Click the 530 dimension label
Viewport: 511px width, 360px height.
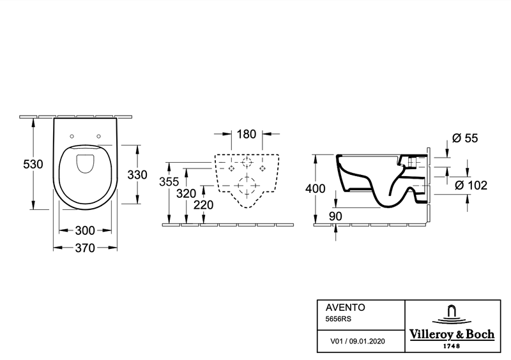tap(33, 164)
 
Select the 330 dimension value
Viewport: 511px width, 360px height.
tap(137, 175)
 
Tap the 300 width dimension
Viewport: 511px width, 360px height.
tap(85, 230)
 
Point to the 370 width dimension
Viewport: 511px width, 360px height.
tap(85, 248)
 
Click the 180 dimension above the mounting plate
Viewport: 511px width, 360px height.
tap(247, 134)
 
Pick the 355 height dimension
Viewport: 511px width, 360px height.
tap(169, 181)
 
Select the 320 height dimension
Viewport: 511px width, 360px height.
tap(186, 193)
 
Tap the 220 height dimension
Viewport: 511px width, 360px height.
tap(204, 205)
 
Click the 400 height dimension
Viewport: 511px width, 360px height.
tap(315, 188)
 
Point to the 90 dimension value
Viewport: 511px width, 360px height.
tap(335, 216)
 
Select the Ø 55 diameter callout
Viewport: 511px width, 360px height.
tap(465, 138)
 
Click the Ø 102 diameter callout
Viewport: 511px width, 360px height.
tap(471, 185)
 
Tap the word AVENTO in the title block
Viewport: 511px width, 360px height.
tap(346, 307)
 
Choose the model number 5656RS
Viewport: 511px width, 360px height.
tap(339, 319)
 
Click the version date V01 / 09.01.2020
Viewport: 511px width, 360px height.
tap(358, 341)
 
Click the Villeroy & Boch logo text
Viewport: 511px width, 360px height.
tap(452, 334)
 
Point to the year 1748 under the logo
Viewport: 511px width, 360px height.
tap(452, 346)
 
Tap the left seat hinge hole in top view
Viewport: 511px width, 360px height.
tap(72, 136)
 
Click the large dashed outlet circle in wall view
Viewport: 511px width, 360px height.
tap(247, 186)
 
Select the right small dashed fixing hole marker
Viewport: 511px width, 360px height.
tap(263, 168)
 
